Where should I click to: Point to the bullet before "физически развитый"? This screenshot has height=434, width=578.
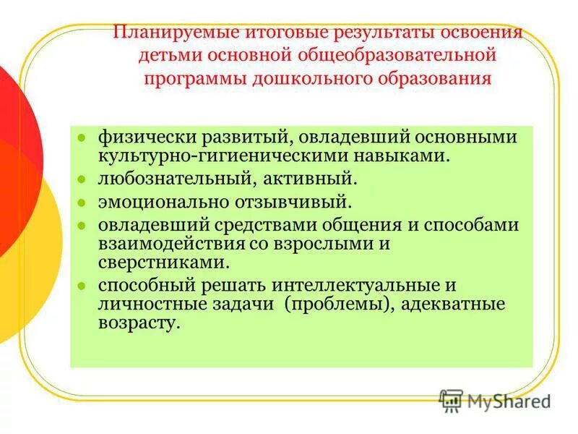click(82, 137)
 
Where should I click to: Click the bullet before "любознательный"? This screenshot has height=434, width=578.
click(82, 177)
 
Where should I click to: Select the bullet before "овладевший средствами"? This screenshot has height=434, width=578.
click(82, 225)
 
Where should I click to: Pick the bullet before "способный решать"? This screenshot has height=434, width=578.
click(82, 286)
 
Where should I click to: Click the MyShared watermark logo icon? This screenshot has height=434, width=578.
click(451, 400)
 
